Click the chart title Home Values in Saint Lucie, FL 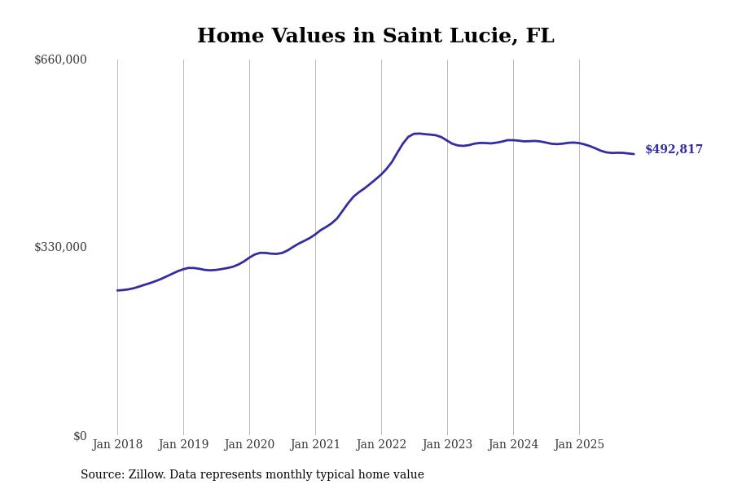click(x=375, y=37)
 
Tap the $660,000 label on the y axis click(x=60, y=59)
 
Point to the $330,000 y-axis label click(x=60, y=247)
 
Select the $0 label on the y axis click(x=80, y=436)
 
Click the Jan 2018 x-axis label click(x=117, y=445)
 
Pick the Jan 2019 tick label click(x=183, y=445)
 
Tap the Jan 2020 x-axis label click(x=249, y=445)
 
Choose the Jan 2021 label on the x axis click(x=315, y=445)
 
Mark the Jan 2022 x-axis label click(x=381, y=445)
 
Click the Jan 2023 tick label click(x=447, y=445)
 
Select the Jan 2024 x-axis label click(x=513, y=445)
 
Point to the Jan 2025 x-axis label click(x=579, y=445)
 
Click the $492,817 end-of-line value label click(x=674, y=150)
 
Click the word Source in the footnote click(x=101, y=475)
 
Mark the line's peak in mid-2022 click(x=416, y=134)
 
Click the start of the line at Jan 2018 click(x=117, y=290)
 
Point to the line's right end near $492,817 click(x=634, y=154)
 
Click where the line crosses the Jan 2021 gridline click(x=315, y=234)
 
